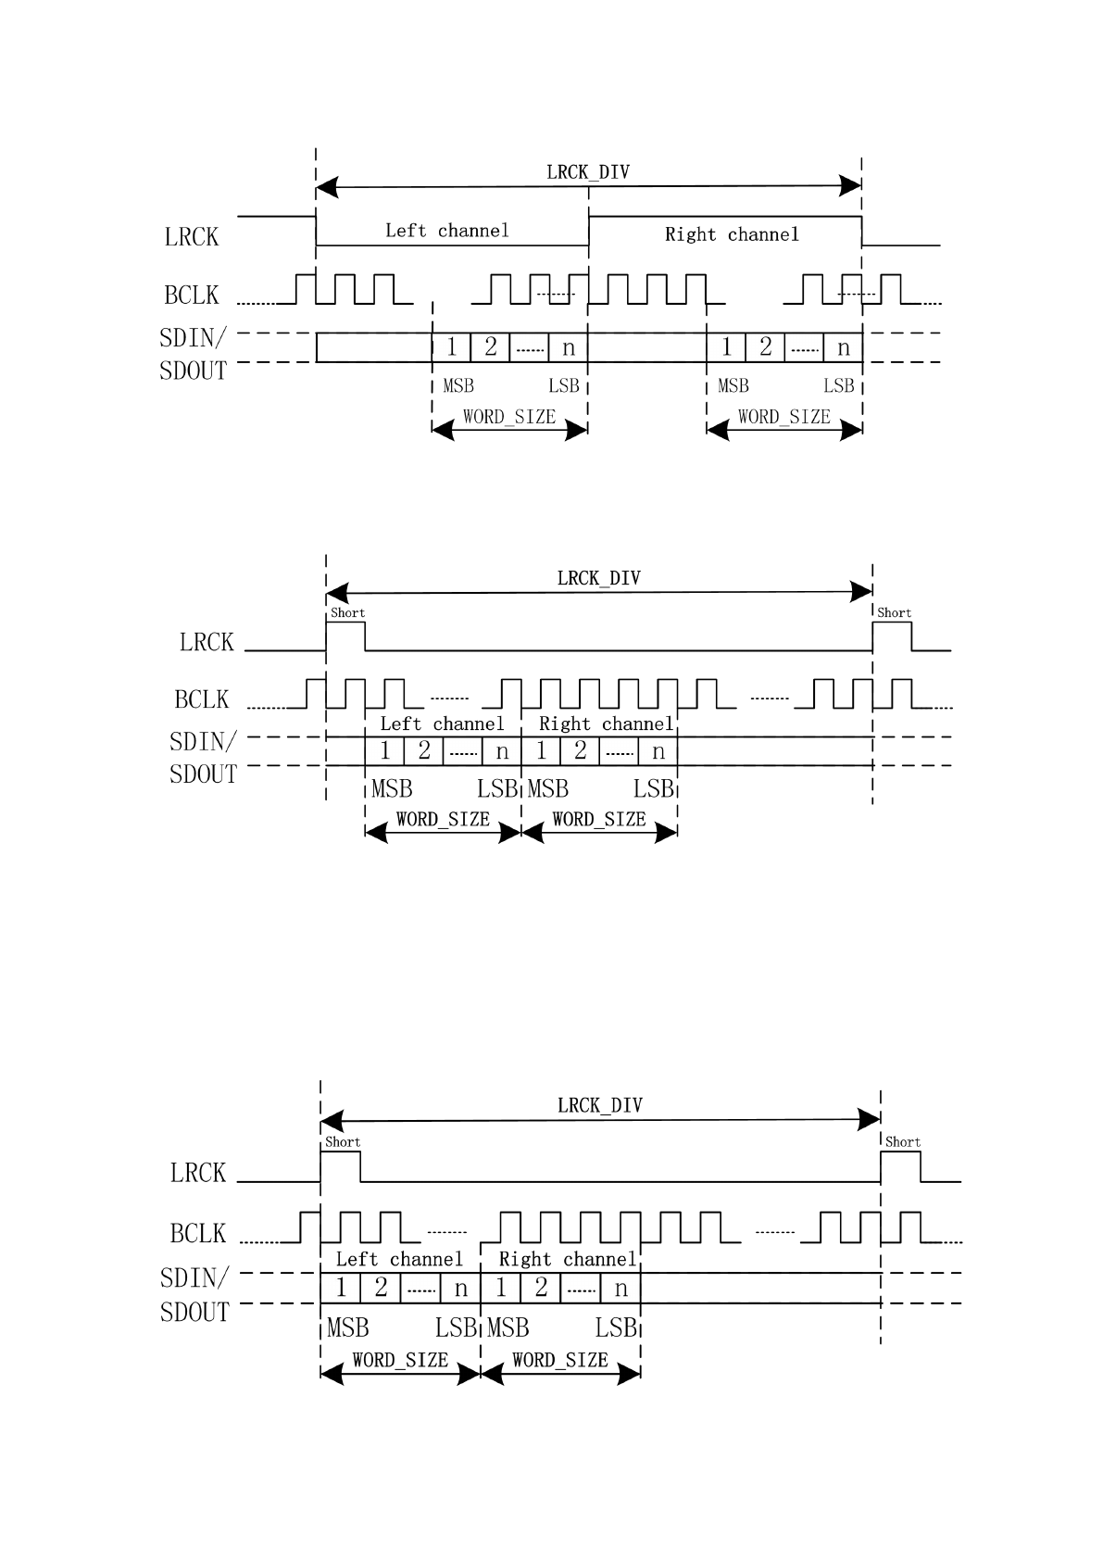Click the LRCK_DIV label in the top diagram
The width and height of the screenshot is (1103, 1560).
pos(587,172)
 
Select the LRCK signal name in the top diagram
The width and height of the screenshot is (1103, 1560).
pos(192,237)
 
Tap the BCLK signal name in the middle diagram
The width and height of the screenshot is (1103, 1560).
pos(201,699)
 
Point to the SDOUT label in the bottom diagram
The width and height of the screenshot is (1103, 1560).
pos(194,1313)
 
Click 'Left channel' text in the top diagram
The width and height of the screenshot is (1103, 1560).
pos(447,231)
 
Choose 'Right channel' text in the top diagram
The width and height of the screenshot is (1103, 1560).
pos(732,234)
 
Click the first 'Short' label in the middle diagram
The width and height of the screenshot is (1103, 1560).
pos(347,613)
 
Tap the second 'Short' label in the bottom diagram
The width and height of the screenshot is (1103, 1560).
pos(902,1142)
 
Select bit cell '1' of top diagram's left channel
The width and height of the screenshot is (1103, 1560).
pos(452,347)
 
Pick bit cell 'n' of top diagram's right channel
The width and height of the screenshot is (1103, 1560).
pos(843,347)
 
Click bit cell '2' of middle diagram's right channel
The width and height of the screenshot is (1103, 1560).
pos(580,750)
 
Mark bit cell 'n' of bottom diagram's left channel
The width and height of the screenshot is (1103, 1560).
pos(460,1289)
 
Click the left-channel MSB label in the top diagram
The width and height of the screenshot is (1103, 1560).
pos(458,386)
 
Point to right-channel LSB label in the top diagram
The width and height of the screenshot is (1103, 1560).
pos(839,386)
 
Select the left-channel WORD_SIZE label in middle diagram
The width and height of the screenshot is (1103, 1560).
pos(443,819)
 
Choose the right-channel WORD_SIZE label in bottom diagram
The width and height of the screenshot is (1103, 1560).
pos(559,1360)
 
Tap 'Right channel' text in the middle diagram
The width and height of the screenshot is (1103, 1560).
pos(606,723)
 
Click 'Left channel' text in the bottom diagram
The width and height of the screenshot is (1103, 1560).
pos(398,1259)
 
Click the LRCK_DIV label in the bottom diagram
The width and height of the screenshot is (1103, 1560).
pos(599,1105)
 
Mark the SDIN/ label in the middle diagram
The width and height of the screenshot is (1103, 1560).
pos(203,742)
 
